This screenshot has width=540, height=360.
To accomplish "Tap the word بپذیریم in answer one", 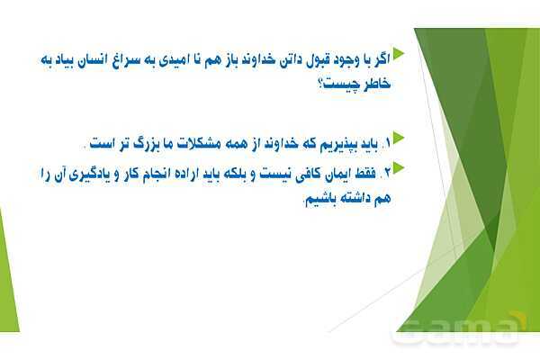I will point(340,142).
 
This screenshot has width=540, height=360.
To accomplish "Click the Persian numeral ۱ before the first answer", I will point(388,142).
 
